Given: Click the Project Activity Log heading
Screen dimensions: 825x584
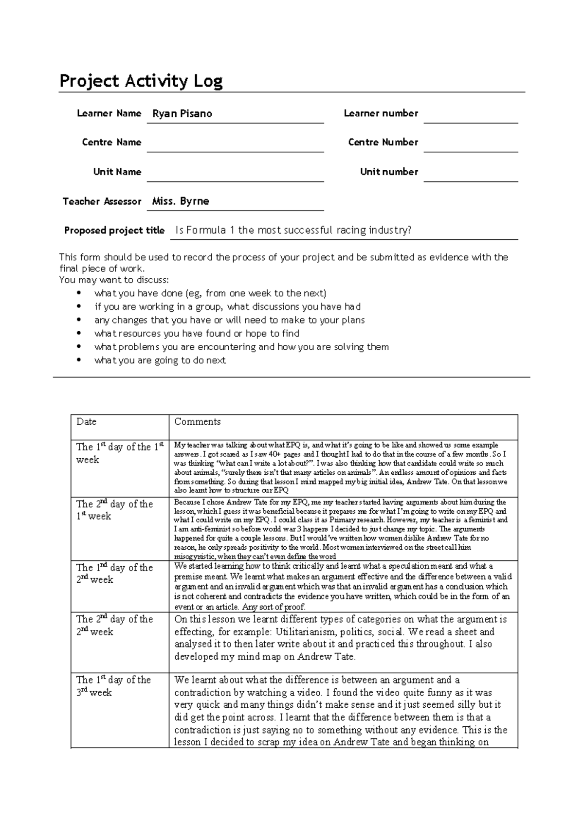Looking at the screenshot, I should (x=141, y=81).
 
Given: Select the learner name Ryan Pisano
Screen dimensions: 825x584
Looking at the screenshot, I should (x=182, y=114).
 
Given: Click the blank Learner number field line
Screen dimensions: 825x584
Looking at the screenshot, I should (x=470, y=117).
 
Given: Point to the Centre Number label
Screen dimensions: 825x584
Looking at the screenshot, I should (x=383, y=142).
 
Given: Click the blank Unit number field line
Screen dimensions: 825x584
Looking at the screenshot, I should (x=470, y=175).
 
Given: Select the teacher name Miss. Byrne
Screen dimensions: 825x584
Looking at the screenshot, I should (x=181, y=201).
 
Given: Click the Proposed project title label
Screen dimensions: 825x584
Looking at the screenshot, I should (x=114, y=231).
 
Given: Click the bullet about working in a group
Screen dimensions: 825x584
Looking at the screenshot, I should (x=227, y=306).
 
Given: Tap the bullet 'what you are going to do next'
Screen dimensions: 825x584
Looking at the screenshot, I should (x=160, y=360).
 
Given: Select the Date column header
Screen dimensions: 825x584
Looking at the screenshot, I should (x=87, y=422).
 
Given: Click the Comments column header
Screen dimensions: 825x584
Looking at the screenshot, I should (x=198, y=422).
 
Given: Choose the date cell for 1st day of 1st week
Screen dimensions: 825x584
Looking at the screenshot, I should (x=119, y=453).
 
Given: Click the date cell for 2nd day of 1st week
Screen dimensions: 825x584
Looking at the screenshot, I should (x=114, y=510).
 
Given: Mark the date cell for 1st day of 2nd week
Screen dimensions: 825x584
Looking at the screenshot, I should (x=114, y=574).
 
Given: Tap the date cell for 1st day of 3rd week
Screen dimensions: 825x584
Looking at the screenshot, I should (x=113, y=686).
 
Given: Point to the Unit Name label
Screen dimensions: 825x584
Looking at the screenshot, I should (x=117, y=172).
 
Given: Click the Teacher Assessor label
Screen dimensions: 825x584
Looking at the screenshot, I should (x=102, y=201).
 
